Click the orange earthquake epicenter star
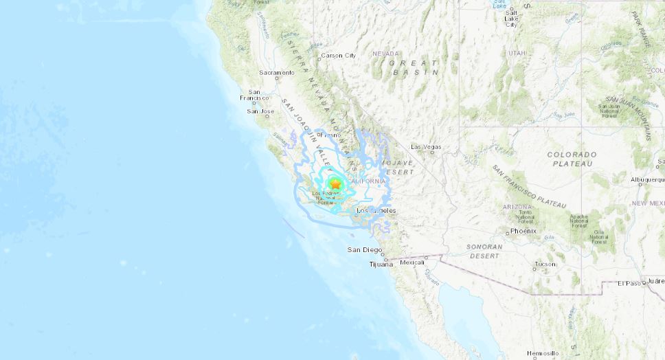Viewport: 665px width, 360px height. click(335, 183)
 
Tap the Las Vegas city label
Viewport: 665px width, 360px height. click(426, 147)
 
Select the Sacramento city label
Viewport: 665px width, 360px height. click(277, 72)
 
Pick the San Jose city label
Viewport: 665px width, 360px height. click(260, 111)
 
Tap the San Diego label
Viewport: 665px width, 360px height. click(363, 249)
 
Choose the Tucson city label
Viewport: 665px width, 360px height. click(545, 264)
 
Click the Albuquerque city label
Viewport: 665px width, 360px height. click(646, 179)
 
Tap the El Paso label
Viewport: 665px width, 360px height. click(629, 283)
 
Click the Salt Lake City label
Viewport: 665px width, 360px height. click(510, 18)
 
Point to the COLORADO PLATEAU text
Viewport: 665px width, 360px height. click(572, 159)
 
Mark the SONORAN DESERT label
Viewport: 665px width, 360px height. click(484, 250)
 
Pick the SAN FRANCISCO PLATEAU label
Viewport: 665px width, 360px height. click(529, 187)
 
